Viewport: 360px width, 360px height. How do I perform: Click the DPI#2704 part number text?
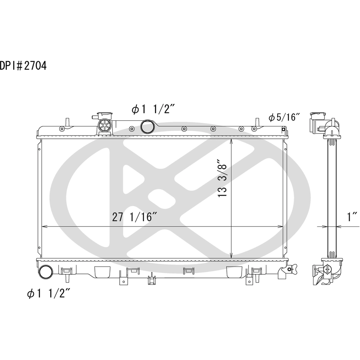point(23,66)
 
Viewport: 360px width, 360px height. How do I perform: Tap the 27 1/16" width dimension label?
point(134,217)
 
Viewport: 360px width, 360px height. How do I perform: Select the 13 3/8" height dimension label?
point(222,178)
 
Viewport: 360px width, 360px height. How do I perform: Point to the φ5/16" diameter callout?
point(284,117)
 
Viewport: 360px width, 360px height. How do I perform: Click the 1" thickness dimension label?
point(352,217)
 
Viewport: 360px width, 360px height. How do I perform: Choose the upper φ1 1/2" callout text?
point(153,109)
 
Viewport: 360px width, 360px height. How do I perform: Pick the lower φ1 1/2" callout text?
point(48,293)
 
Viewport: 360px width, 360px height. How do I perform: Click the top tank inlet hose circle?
point(147,126)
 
